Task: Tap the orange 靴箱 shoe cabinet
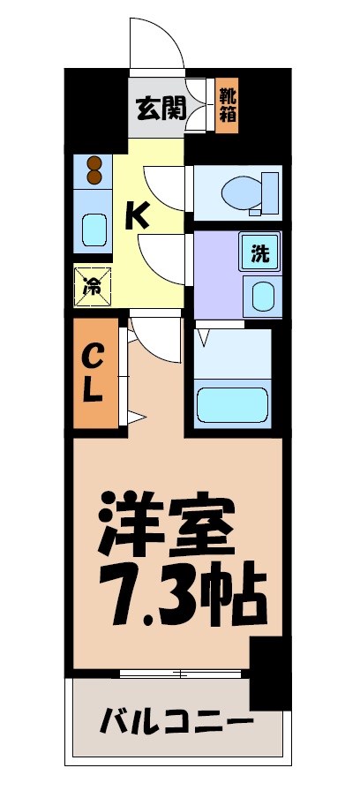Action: click(227, 104)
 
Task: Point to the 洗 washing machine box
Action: click(259, 253)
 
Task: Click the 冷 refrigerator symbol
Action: click(93, 285)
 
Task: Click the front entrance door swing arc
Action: click(157, 44)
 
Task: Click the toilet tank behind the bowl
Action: click(268, 191)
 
